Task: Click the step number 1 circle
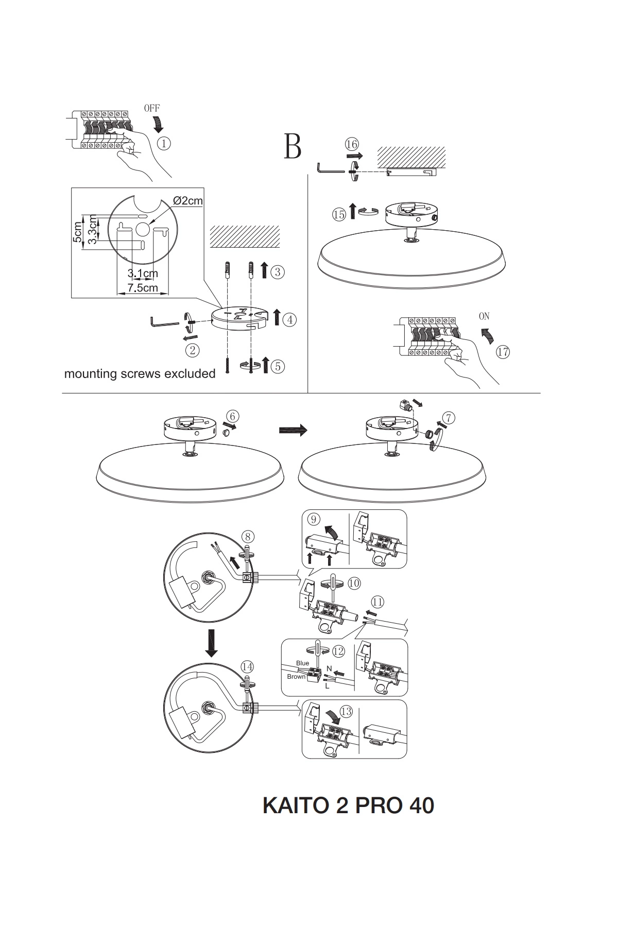click(164, 144)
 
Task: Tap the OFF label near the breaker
click(151, 108)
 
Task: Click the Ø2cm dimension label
click(188, 201)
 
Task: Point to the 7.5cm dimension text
click(143, 287)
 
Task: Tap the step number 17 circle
click(503, 352)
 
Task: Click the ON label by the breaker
click(484, 316)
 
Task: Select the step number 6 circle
click(233, 416)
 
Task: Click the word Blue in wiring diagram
click(302, 663)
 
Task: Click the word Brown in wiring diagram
click(296, 677)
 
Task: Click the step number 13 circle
click(346, 712)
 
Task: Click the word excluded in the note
click(190, 374)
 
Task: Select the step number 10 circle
click(354, 583)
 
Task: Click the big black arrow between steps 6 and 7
click(293, 430)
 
